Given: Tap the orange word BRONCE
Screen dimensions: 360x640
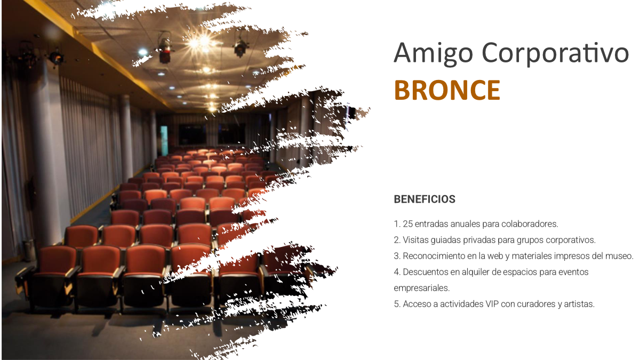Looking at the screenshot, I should (x=447, y=90).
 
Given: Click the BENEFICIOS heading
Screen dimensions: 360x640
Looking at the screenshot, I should (x=425, y=199).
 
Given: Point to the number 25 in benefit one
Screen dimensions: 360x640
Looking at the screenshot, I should (x=408, y=224).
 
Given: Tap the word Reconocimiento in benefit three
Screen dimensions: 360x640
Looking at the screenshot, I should (x=434, y=256).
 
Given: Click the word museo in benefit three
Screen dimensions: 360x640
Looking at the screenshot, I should (x=619, y=256).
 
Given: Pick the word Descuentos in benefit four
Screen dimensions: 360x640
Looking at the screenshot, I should (x=426, y=272).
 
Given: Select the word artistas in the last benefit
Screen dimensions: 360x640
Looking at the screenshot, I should (x=579, y=304).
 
